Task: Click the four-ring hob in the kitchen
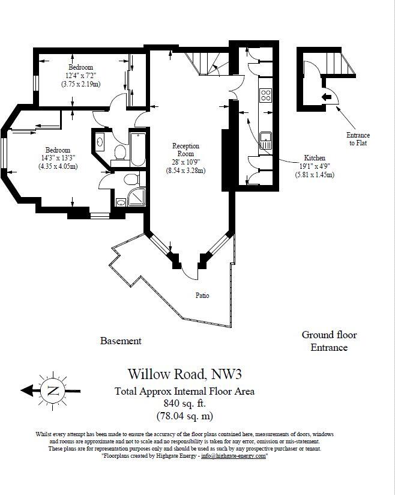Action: coord(265,95)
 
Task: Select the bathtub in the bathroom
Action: coord(137,149)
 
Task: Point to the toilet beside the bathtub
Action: coord(119,152)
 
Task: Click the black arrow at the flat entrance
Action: coord(327,97)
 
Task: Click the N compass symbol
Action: coord(53,391)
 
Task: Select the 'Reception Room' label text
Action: coord(185,150)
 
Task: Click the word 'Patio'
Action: coord(202,296)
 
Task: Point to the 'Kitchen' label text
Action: coord(314,157)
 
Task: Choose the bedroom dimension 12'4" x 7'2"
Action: coord(80,76)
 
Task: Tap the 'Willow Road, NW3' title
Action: coord(185,375)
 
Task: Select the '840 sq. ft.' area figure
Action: coord(184,404)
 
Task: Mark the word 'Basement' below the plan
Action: coord(121,341)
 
